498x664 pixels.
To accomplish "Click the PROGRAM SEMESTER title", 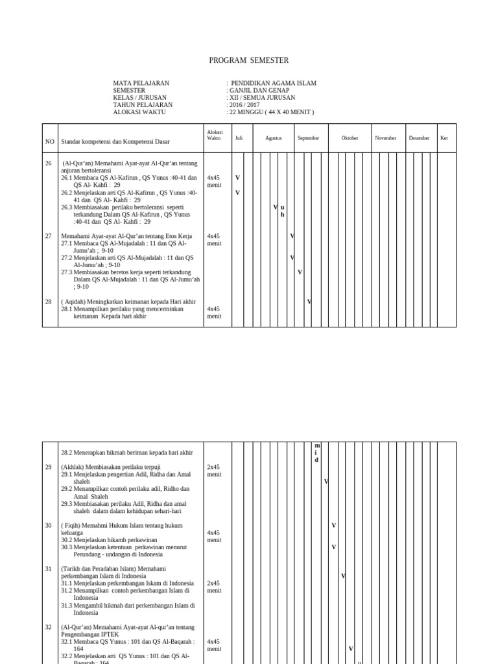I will tap(249, 60).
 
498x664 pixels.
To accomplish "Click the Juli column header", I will tap(239, 138).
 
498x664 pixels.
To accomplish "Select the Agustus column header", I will tap(273, 138).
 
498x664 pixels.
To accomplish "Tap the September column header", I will tap(308, 138).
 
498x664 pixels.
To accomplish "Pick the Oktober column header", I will tap(350, 138).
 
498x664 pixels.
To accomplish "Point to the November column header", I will tap(386, 138).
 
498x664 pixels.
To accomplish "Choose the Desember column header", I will tap(419, 138).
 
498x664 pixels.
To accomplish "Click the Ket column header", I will tap(444, 138).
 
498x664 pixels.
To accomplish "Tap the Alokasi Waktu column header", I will tap(214, 135).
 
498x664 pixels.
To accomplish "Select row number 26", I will tap(48, 163).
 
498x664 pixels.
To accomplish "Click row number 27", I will tap(48, 236).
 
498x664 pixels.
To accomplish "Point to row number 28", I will tap(48, 302).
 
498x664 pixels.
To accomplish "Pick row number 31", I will tap(48, 569).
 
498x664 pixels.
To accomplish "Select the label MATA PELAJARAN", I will tap(141, 83).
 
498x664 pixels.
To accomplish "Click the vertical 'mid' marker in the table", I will tap(316, 453).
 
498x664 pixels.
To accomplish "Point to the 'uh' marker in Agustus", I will tap(282, 211).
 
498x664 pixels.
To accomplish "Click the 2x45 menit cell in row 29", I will tap(214, 470).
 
